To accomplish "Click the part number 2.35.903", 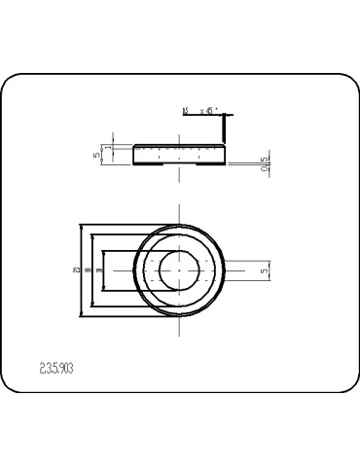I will point(55,369).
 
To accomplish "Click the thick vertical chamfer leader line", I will point(225,127).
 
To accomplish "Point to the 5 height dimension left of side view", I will point(97,153).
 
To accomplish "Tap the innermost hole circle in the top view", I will point(180,269).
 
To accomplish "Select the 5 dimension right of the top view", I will point(265,271).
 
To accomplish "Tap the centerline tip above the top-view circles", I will point(180,208).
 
